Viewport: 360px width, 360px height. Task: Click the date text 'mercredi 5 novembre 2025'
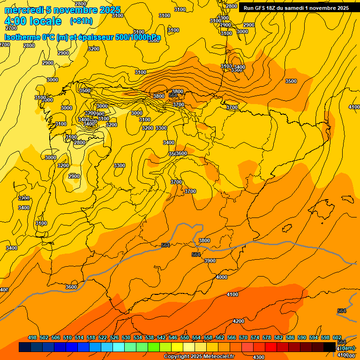[62, 10]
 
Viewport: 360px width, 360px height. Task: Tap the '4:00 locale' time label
[33, 21]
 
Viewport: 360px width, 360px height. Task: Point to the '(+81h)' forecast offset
[82, 21]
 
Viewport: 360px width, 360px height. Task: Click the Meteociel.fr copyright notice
[199, 357]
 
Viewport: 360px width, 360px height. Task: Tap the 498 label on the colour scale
[32, 337]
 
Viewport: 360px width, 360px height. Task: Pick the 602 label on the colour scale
[337, 337]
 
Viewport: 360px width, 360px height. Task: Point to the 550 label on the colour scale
[185, 337]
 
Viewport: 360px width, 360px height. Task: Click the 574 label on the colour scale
[255, 337]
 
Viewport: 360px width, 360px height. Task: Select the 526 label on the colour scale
[114, 337]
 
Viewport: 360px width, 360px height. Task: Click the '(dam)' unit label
[347, 348]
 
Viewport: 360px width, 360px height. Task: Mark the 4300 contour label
[258, 345]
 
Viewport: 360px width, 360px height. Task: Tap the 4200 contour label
[239, 321]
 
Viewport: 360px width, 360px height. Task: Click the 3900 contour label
[210, 261]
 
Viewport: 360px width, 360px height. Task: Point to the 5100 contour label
[226, 33]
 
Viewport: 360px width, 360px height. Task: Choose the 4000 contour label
[221, 277]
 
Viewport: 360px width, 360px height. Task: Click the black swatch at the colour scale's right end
[330, 347]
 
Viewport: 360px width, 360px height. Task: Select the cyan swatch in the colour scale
[119, 347]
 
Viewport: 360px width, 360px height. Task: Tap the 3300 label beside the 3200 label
[161, 128]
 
